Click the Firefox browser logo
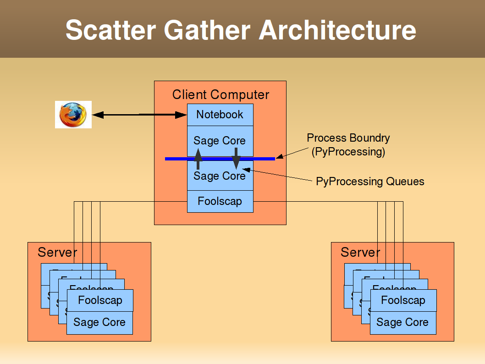click(x=73, y=115)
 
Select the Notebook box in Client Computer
click(x=220, y=115)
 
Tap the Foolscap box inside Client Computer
click(x=220, y=201)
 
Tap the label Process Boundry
click(x=348, y=138)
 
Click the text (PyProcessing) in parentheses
click(x=348, y=152)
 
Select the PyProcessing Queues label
click(x=370, y=182)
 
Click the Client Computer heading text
click(x=220, y=95)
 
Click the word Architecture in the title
click(x=337, y=30)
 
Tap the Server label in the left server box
click(x=57, y=252)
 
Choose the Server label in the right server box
click(x=360, y=252)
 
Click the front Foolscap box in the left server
click(x=100, y=300)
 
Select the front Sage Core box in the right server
click(x=402, y=323)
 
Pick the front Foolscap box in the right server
click(x=403, y=300)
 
